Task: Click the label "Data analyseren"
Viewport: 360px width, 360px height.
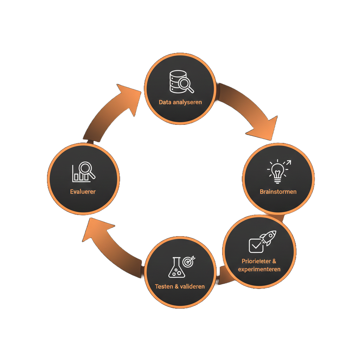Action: pyautogui.click(x=180, y=102)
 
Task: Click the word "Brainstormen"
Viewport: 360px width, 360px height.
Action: pyautogui.click(x=278, y=192)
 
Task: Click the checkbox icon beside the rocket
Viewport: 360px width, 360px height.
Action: pyautogui.click(x=256, y=245)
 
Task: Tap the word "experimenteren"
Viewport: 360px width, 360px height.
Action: pyautogui.click(x=259, y=269)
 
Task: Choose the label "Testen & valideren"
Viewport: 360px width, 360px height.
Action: pyautogui.click(x=180, y=286)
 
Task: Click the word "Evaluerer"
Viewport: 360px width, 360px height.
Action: pyautogui.click(x=83, y=192)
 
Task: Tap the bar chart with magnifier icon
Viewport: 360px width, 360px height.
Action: pyautogui.click(x=84, y=172)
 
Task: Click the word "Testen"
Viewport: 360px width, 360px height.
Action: pyautogui.click(x=164, y=286)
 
